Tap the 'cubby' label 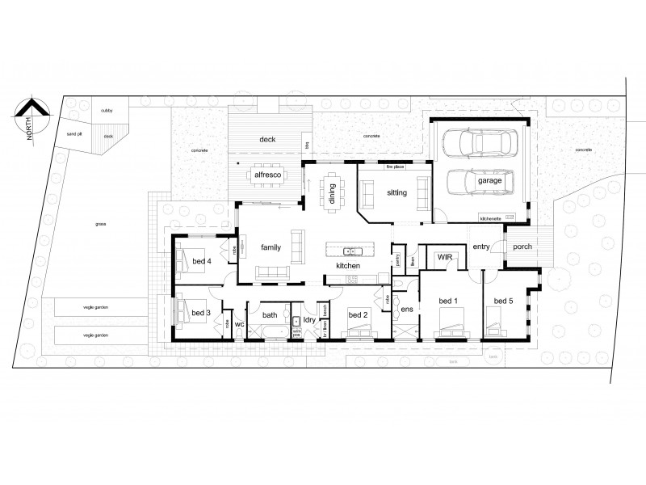(x=107, y=109)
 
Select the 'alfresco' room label (x=267, y=174)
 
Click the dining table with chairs (x=333, y=192)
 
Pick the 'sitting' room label (x=396, y=193)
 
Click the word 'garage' (x=489, y=182)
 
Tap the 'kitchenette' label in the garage (x=490, y=219)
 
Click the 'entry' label (x=482, y=247)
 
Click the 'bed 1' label (x=448, y=301)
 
